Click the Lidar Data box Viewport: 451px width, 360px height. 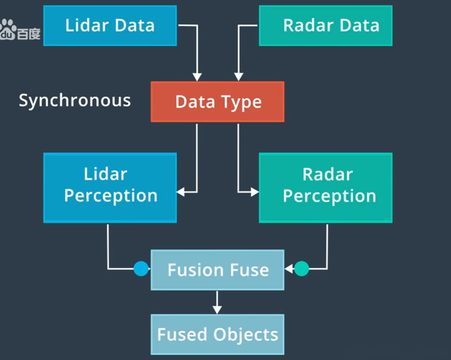pyautogui.click(x=110, y=26)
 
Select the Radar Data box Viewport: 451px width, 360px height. pyautogui.click(x=326, y=26)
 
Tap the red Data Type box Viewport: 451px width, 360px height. pyautogui.click(x=217, y=102)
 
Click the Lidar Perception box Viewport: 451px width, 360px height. pyautogui.click(x=110, y=188)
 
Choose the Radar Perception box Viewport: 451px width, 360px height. pyautogui.click(x=326, y=188)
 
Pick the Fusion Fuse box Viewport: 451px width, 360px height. pyautogui.click(x=217, y=270)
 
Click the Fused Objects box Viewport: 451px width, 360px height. pyautogui.click(x=217, y=334)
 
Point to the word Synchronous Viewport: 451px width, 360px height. pyautogui.click(x=75, y=101)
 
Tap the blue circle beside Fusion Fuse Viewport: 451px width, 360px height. pyautogui.click(x=141, y=269)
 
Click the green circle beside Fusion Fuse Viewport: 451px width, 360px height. pyautogui.click(x=301, y=269)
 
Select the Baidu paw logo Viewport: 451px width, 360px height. pyautogui.click(x=8, y=29)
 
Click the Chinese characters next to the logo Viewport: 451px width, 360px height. pyautogui.click(x=29, y=34)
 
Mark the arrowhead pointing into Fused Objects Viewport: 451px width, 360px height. pyautogui.click(x=217, y=310)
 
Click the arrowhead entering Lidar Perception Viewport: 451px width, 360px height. pyautogui.click(x=181, y=192)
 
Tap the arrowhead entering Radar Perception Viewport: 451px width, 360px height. pyautogui.click(x=255, y=192)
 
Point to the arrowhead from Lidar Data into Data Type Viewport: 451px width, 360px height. pyautogui.click(x=197, y=77)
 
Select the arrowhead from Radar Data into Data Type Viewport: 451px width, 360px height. pyautogui.click(x=239, y=77)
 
